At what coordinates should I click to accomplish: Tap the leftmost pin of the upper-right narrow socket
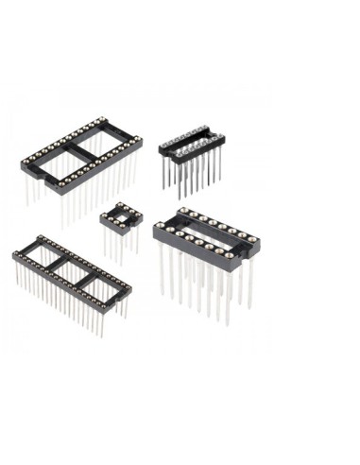164,174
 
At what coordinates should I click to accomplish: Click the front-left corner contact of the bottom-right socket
160,230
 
